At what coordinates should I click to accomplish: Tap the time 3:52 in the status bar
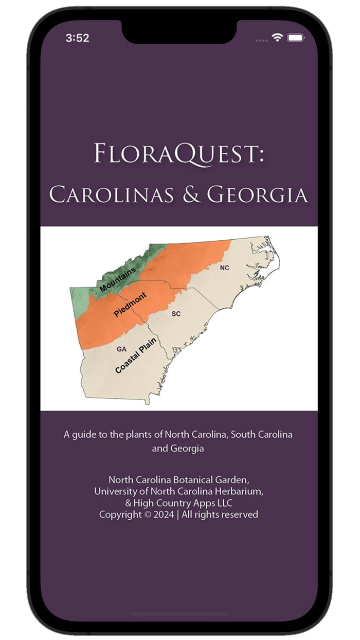78,38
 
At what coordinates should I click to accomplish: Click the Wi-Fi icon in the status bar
278,38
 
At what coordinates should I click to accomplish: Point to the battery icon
296,38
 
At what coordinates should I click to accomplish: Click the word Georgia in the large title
257,194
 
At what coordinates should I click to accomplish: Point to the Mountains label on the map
118,279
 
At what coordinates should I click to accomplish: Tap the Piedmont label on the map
130,304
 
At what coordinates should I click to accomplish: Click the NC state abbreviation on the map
224,268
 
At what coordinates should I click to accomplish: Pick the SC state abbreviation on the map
176,313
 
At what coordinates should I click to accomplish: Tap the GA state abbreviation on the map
121,349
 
